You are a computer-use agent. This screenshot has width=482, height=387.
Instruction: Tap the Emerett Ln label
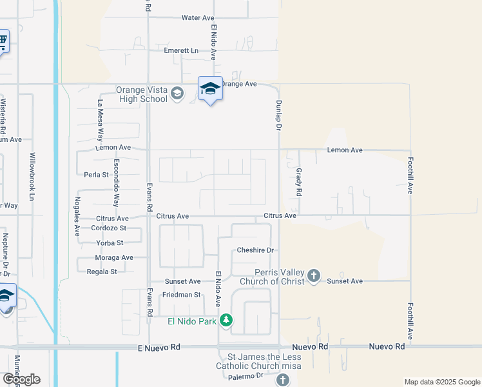pyautogui.click(x=181, y=50)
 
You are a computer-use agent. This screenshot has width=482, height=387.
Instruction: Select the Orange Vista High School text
pyautogui.click(x=141, y=94)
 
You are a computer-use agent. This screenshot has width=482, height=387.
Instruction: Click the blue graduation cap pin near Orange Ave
pyautogui.click(x=210, y=89)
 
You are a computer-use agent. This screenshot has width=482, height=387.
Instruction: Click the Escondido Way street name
pyautogui.click(x=117, y=182)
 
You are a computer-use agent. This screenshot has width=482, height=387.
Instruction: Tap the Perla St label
pyautogui.click(x=96, y=174)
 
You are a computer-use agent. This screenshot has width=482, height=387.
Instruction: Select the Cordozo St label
pyautogui.click(x=108, y=228)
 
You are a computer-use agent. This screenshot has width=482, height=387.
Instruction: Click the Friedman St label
pyautogui.click(x=178, y=295)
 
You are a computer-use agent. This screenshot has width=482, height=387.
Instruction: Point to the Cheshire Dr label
pyautogui.click(x=256, y=250)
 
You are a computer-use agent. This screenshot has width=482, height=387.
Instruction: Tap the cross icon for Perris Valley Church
pyautogui.click(x=314, y=276)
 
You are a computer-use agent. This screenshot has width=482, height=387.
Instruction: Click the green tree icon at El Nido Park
pyautogui.click(x=226, y=320)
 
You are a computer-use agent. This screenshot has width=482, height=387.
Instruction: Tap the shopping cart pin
pyautogui.click(x=2, y=43)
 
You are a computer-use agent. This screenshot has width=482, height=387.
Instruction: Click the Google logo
pyautogui.click(x=22, y=379)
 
